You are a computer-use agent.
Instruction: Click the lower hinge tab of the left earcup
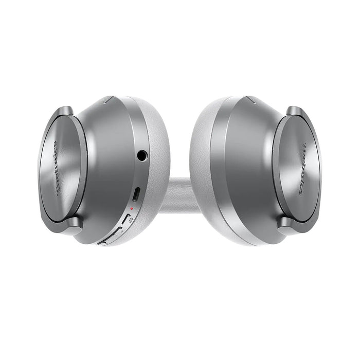pyautogui.click(x=71, y=223)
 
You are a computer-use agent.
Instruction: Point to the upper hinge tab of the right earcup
pyautogui.click(x=294, y=112)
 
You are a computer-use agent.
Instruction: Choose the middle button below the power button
pyautogui.click(x=115, y=231)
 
